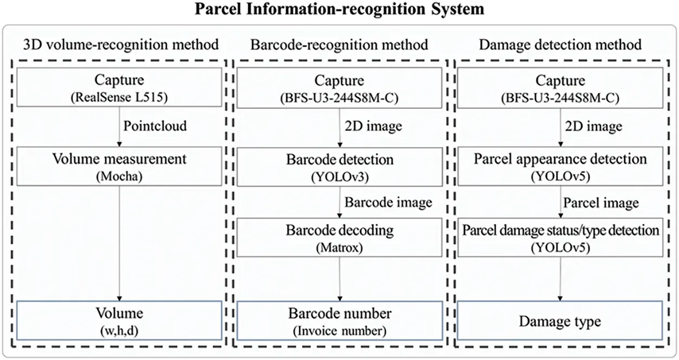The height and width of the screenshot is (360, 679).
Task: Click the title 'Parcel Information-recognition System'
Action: click(x=339, y=9)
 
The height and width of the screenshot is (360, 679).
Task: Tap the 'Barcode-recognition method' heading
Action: click(x=339, y=44)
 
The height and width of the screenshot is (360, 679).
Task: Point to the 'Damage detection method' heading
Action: click(x=560, y=44)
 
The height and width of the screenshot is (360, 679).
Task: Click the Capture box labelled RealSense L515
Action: click(x=119, y=89)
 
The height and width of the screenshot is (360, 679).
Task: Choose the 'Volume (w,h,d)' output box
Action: click(x=119, y=320)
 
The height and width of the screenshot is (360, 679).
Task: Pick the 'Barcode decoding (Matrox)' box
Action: click(x=339, y=237)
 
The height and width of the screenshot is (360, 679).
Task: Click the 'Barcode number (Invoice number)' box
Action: click(x=339, y=320)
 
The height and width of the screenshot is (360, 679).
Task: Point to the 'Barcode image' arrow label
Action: click(x=389, y=202)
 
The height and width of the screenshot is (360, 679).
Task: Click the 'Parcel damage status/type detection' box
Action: click(x=560, y=237)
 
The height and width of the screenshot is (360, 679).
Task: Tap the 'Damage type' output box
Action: click(x=560, y=321)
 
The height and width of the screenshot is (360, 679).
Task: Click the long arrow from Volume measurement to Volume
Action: click(x=120, y=244)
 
